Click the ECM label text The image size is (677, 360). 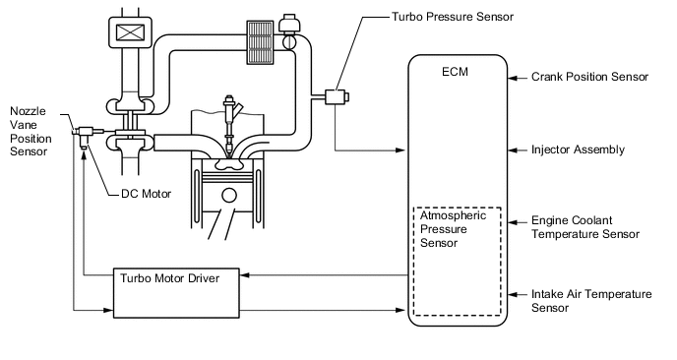coord(455,72)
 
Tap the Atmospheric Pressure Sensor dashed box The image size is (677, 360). coord(414,262)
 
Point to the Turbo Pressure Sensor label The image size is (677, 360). coord(453,17)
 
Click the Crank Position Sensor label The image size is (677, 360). coord(589,77)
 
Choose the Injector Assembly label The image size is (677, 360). coord(578,150)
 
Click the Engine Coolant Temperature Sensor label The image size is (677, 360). coord(585,227)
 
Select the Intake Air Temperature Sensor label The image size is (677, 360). coord(591,301)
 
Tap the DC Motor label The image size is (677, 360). coord(146,194)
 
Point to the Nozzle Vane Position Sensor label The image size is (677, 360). coord(31,131)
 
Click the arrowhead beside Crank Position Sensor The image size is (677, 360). coord(513,78)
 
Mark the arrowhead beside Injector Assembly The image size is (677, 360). coord(513,150)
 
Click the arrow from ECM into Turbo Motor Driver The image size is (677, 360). coord(325,275)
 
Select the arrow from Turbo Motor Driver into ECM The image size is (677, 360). coord(323,310)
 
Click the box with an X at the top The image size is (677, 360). coord(130,31)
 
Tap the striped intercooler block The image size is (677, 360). coord(261,42)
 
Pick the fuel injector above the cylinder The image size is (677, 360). coord(228,124)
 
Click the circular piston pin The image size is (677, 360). coord(229,195)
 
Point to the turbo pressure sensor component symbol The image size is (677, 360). coord(337,96)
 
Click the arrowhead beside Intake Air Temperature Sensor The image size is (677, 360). coord(513,295)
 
